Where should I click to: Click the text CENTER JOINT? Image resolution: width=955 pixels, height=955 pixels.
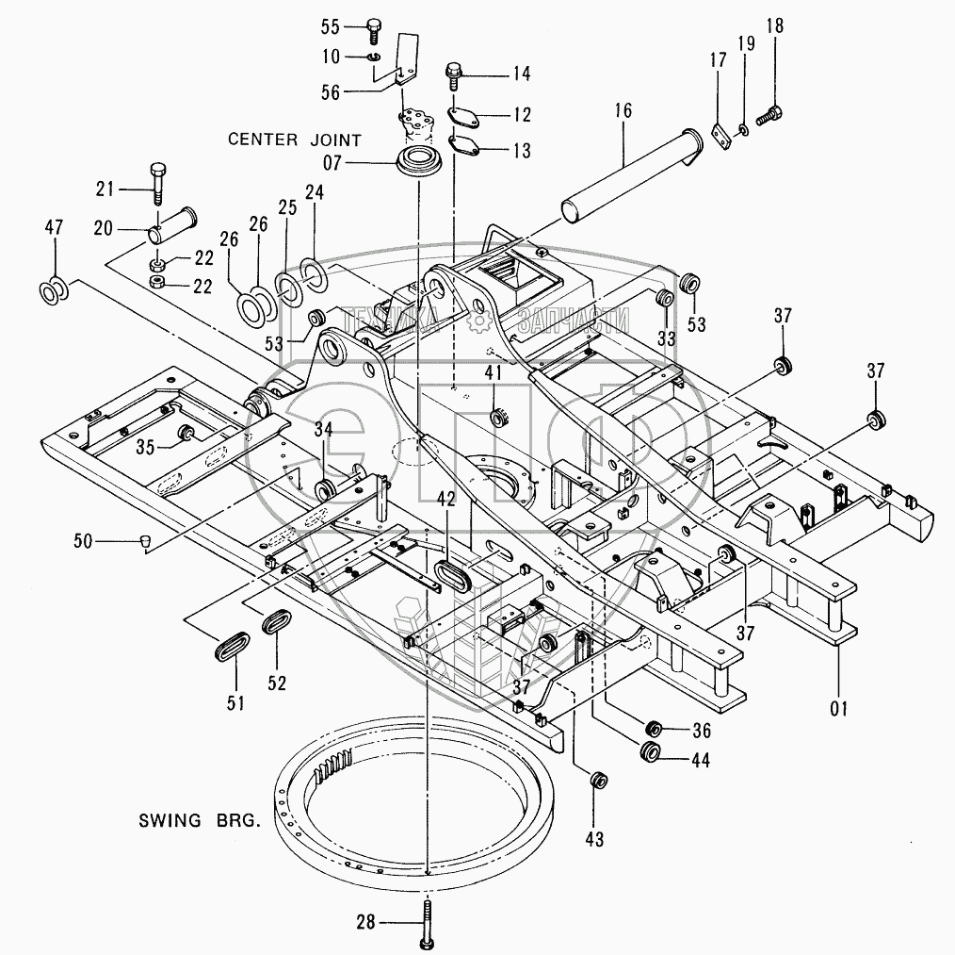tap(295, 140)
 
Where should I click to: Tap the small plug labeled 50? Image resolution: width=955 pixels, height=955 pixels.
tap(144, 540)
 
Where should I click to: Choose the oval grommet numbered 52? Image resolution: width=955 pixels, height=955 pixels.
tap(275, 624)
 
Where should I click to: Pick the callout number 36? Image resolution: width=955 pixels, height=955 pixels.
tap(700, 729)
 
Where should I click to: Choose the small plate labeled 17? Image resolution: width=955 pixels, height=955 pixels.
tap(720, 135)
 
